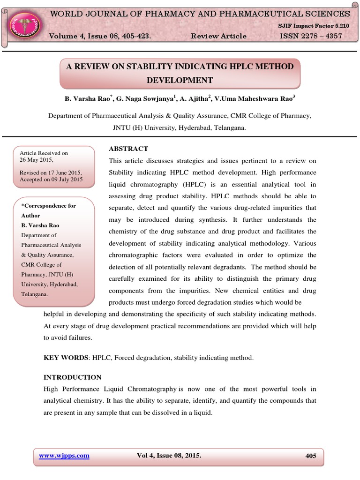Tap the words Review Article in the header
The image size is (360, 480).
[x=219, y=36]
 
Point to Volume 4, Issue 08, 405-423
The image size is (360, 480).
[x=100, y=36]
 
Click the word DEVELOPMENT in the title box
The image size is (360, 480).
[x=180, y=80]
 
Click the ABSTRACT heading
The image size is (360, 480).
[x=128, y=149]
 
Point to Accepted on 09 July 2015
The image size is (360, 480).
[x=51, y=180]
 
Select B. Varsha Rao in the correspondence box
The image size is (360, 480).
[x=40, y=225]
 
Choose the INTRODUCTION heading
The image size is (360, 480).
[x=72, y=377]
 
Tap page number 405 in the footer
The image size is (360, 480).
[x=310, y=456]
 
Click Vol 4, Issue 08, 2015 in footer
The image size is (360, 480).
[x=169, y=455]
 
